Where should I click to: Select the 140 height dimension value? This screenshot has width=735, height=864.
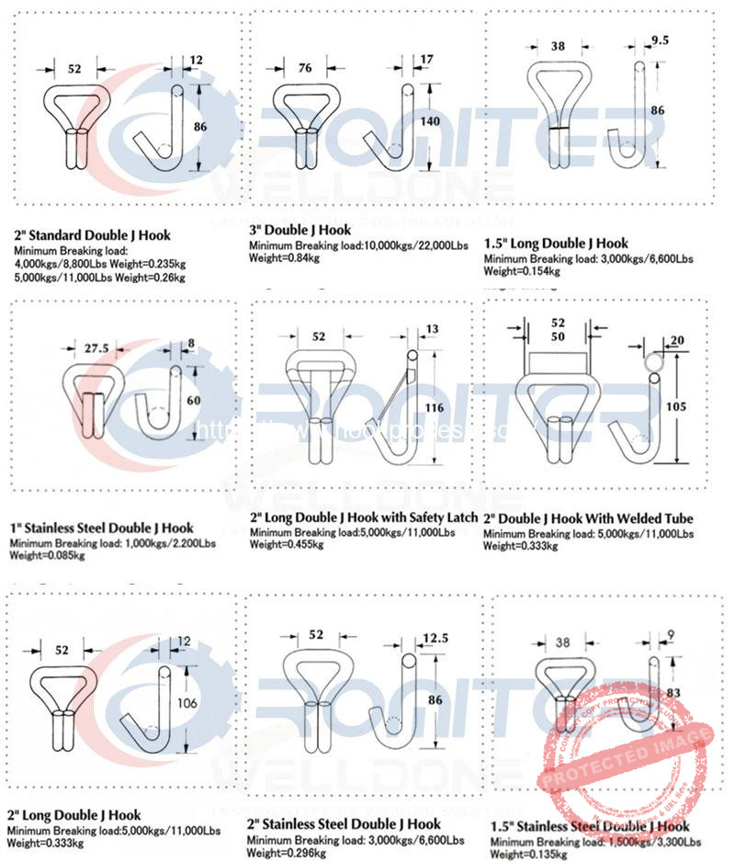443,120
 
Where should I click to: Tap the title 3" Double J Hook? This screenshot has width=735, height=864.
300,230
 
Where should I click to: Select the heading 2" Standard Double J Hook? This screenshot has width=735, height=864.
92,235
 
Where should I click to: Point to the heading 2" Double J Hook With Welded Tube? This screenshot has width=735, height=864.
588,518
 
